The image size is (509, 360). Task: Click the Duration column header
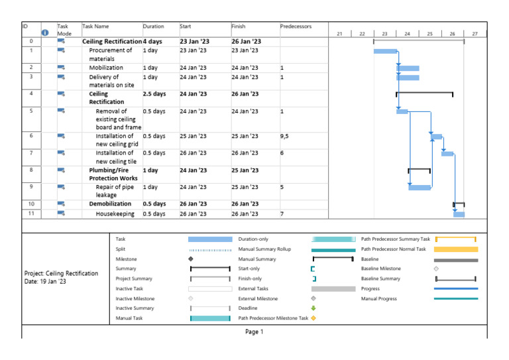[x=153, y=27]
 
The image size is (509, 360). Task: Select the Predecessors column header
[x=296, y=27]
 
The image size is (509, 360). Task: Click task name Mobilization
[x=106, y=68]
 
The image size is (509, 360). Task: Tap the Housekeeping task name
[x=115, y=214]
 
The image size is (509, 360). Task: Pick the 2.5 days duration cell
[x=154, y=94]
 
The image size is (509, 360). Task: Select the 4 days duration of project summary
[x=152, y=41]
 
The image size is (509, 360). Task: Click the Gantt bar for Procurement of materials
[x=385, y=50]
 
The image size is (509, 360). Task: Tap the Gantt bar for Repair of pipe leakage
[x=420, y=188]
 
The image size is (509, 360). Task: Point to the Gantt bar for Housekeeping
[x=459, y=214]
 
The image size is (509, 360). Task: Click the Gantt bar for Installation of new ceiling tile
[x=447, y=154]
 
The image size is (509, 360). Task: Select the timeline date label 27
[x=475, y=33]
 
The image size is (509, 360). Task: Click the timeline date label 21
[x=339, y=33]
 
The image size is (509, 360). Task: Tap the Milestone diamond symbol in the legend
[x=191, y=259]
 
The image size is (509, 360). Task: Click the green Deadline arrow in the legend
[x=314, y=308]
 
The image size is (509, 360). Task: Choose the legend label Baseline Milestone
[x=381, y=269]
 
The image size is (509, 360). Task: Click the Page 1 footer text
[x=254, y=331]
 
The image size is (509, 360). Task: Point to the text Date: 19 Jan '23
[x=45, y=282]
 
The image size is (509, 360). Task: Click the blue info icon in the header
[x=45, y=32]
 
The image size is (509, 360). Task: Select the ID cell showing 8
[x=31, y=170]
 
